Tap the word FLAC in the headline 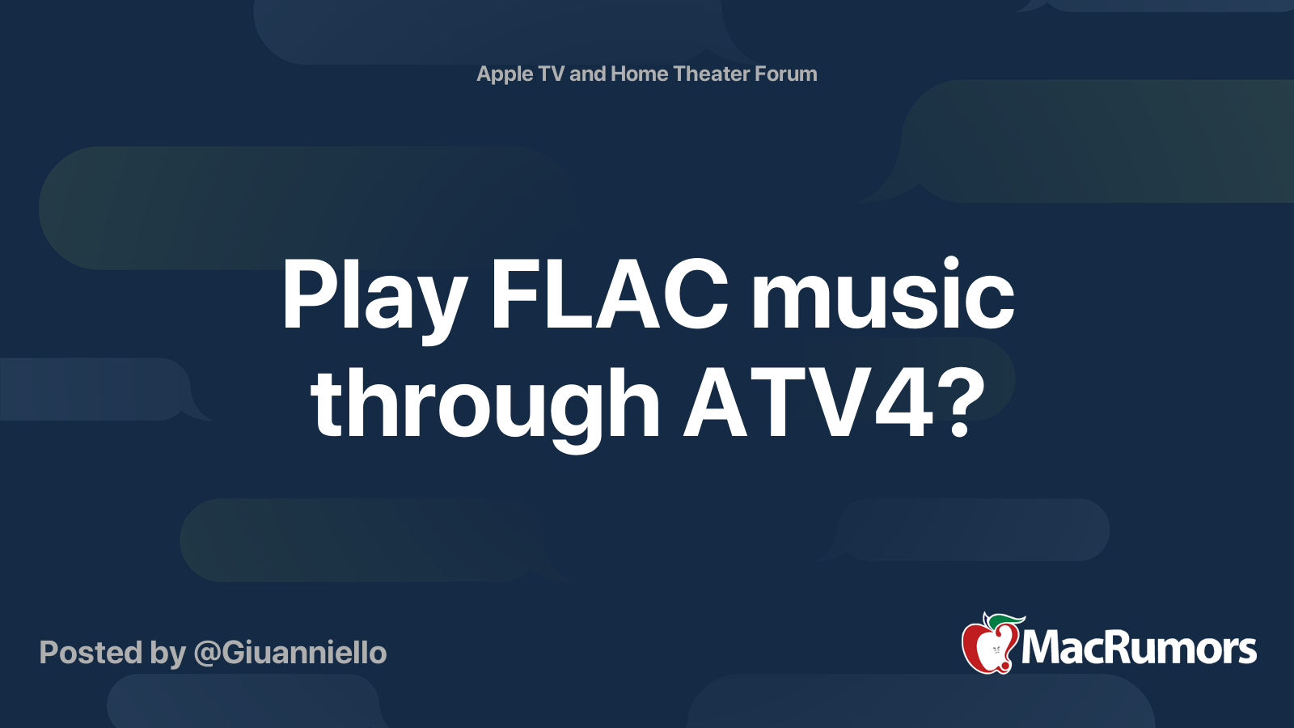(x=609, y=294)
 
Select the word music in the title (x=882, y=294)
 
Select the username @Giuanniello (x=290, y=653)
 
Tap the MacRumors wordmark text (x=1139, y=648)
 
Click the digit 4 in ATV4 (x=903, y=404)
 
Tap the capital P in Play (x=312, y=294)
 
